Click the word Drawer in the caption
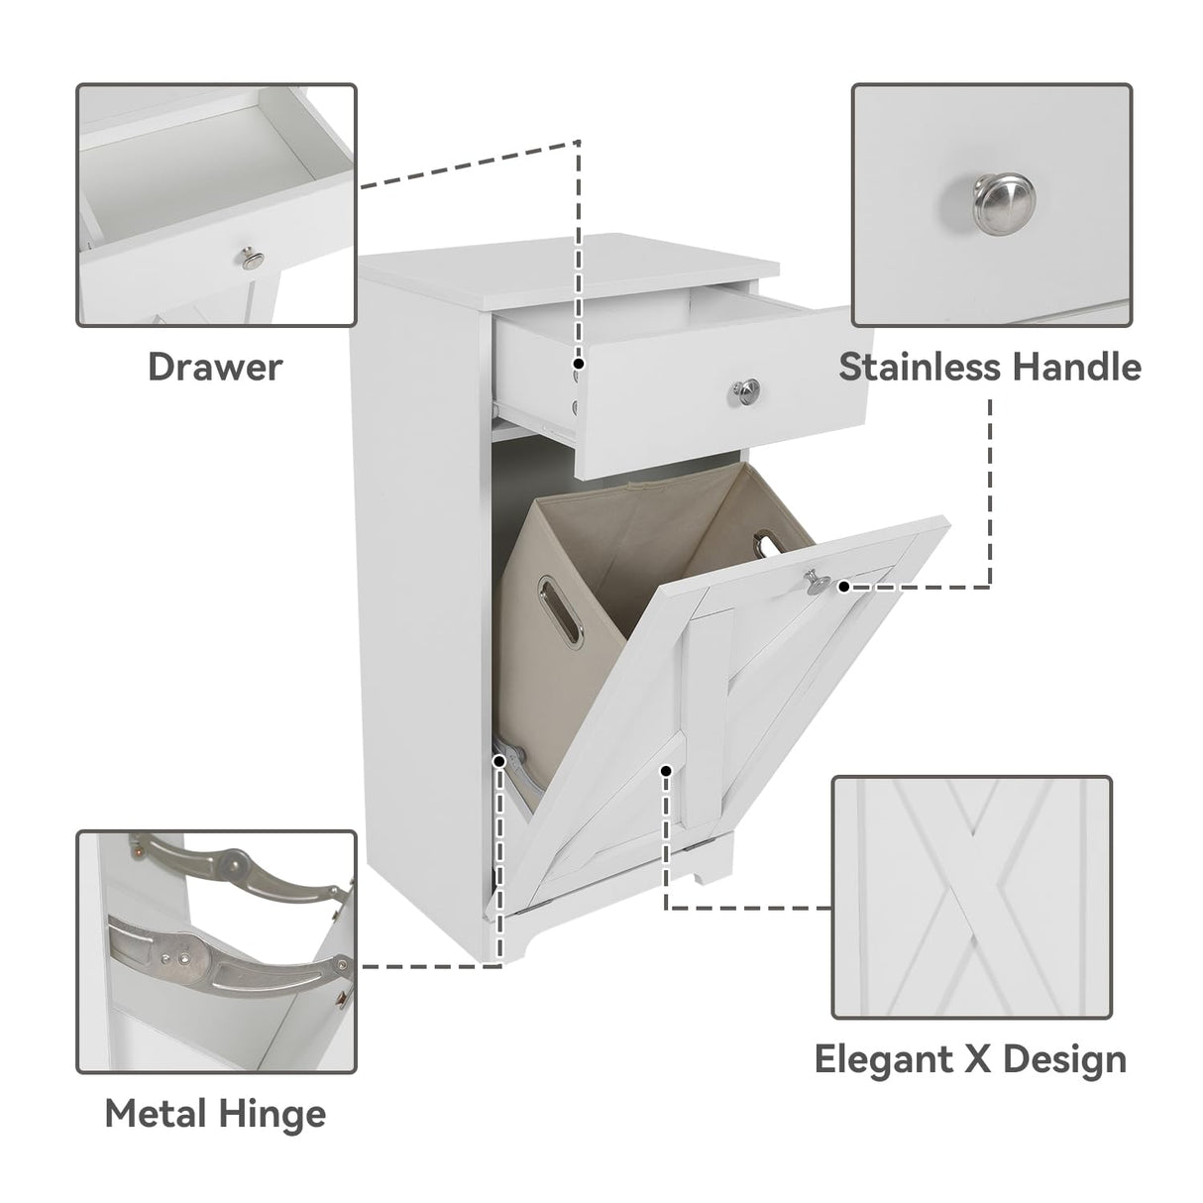tap(215, 367)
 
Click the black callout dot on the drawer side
tap(578, 364)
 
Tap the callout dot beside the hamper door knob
tap(844, 586)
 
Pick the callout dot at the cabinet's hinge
tap(500, 759)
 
